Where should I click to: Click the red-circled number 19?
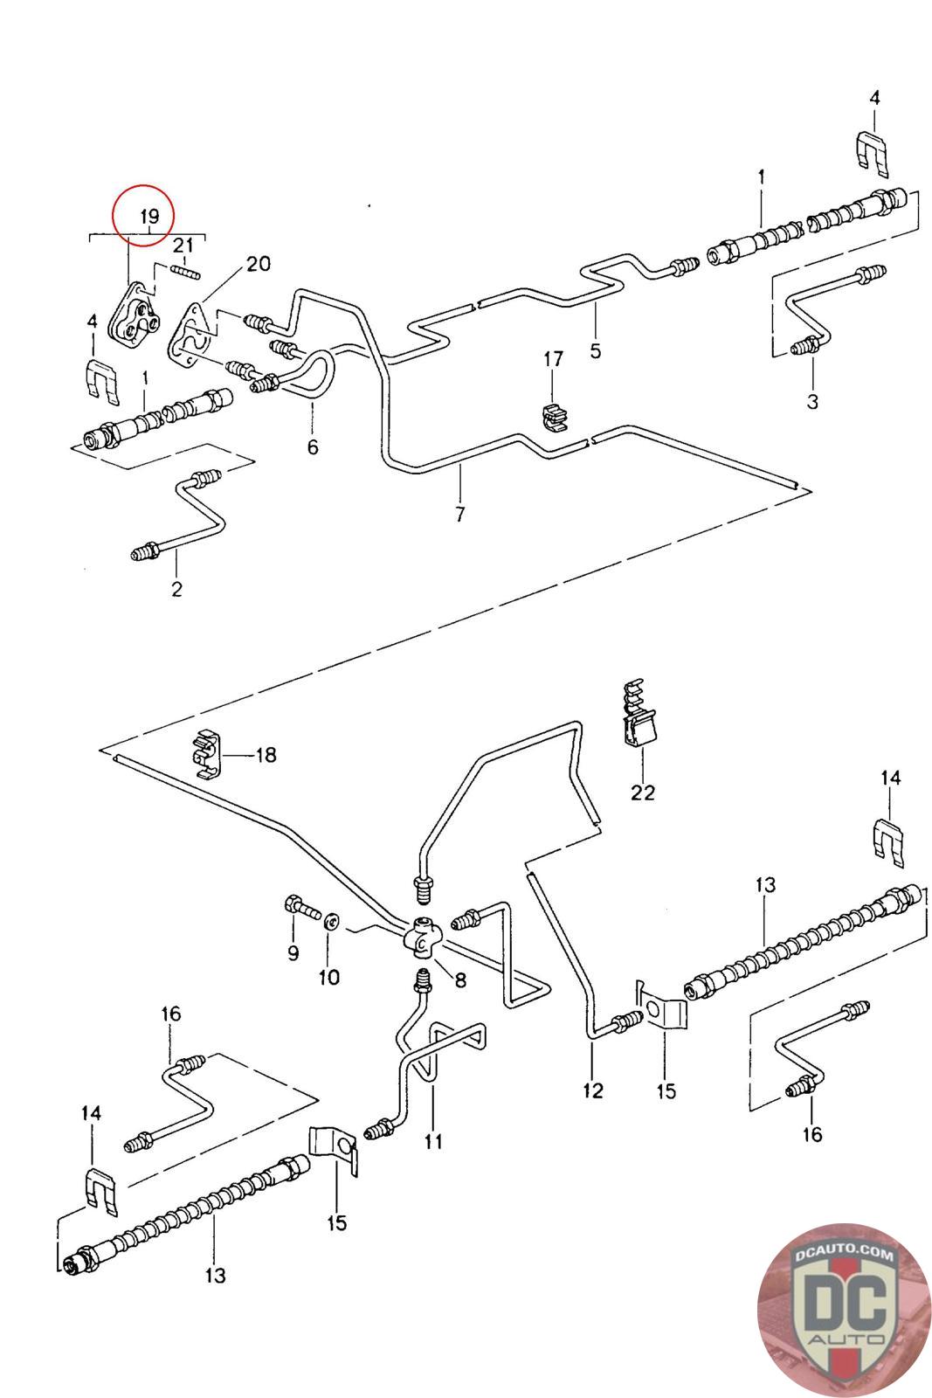(148, 216)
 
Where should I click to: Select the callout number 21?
(183, 246)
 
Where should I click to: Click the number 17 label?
(554, 359)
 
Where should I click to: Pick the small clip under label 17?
(554, 417)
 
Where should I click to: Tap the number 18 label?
(265, 754)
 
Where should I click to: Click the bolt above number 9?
(298, 909)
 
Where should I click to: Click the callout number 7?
(460, 514)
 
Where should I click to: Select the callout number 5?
(596, 351)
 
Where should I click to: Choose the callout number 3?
(812, 401)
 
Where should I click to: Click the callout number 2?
(177, 588)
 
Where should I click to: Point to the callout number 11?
(434, 1140)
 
